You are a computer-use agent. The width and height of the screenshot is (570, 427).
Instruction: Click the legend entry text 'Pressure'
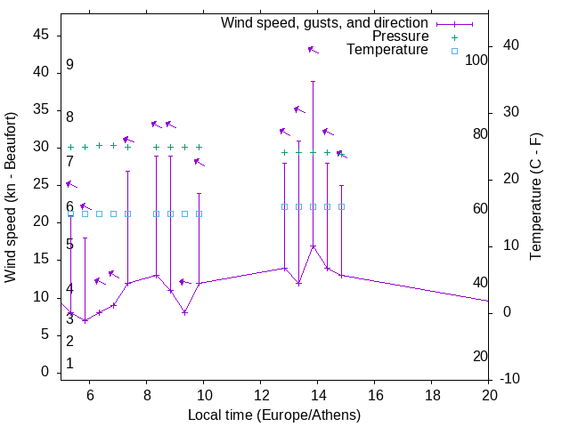pyautogui.click(x=400, y=36)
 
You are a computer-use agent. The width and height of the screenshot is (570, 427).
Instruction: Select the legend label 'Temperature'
pyautogui.click(x=387, y=50)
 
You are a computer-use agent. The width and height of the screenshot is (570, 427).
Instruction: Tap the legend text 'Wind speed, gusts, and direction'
pyautogui.click(x=325, y=23)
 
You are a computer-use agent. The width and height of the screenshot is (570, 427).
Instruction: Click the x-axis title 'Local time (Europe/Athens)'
pyautogui.click(x=274, y=415)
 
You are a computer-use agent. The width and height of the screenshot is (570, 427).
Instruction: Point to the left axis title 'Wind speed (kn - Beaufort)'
pyautogui.click(x=11, y=197)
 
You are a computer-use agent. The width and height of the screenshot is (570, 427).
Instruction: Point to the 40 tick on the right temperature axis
pyautogui.click(x=511, y=45)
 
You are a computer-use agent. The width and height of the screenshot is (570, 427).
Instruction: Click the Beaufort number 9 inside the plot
pyautogui.click(x=69, y=65)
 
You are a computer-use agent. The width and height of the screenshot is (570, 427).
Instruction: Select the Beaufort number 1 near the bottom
pyautogui.click(x=69, y=364)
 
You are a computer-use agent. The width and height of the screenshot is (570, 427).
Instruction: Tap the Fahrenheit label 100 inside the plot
pyautogui.click(x=476, y=60)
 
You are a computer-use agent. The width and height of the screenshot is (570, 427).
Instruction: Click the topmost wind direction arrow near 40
pyautogui.click(x=313, y=50)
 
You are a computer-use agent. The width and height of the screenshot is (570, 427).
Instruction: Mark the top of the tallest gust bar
pyautogui.click(x=313, y=81)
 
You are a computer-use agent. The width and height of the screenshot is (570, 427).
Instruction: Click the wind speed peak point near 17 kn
pyautogui.click(x=313, y=246)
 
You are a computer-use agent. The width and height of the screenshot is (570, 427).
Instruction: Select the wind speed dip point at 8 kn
pyautogui.click(x=184, y=312)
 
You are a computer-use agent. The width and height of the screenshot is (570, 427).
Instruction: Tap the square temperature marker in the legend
pyautogui.click(x=453, y=51)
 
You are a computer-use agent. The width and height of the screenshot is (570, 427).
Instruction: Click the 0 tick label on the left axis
pyautogui.click(x=45, y=372)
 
